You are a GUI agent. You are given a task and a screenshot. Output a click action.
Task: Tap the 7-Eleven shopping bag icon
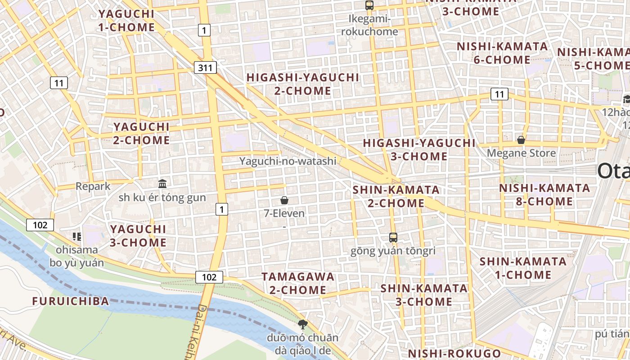click(x=284, y=200)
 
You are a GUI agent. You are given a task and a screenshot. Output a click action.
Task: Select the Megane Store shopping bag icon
click(x=521, y=140)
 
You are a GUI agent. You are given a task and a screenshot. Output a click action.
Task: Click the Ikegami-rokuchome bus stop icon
click(x=369, y=5)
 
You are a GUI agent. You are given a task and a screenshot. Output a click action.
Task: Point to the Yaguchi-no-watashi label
click(x=288, y=161)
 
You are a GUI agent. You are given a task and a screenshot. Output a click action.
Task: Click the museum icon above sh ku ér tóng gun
click(x=162, y=184)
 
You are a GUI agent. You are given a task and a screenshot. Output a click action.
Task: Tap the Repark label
click(x=93, y=186)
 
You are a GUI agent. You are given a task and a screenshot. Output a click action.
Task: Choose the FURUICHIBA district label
click(x=71, y=301)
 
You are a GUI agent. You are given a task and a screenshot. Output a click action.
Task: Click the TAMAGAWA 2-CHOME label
click(x=298, y=283)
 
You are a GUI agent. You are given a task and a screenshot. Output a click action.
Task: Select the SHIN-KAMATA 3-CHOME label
click(x=424, y=295)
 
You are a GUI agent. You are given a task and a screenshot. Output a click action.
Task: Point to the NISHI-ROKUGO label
click(x=454, y=353)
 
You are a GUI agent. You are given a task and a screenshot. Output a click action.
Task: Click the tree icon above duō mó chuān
click(x=303, y=324)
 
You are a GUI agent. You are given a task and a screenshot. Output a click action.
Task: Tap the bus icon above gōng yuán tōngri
click(x=393, y=237)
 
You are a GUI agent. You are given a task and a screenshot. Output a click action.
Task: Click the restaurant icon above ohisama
click(x=76, y=236)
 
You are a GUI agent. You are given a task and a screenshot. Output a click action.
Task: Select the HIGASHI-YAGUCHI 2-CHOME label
click(x=303, y=84)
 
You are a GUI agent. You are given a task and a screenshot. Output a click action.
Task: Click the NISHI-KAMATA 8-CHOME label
click(x=544, y=194)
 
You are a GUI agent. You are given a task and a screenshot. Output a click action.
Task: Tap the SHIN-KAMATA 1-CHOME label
click(x=523, y=268)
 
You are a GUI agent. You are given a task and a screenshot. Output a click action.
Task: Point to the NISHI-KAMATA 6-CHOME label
click(x=502, y=53)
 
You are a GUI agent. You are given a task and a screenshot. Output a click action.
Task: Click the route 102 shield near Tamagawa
click(x=209, y=277)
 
